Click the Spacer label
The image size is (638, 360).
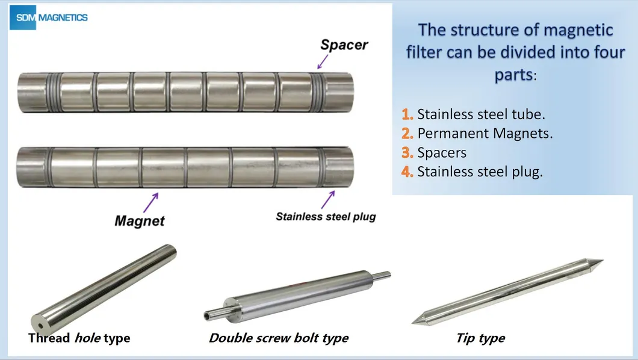click(x=344, y=44)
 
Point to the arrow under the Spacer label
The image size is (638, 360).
click(x=323, y=61)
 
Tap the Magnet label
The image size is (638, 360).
click(x=140, y=220)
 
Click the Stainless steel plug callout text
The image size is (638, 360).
click(x=326, y=216)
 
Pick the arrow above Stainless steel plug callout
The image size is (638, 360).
click(x=329, y=199)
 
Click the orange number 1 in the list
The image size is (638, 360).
click(x=407, y=114)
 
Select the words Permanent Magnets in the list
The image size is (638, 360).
click(x=485, y=133)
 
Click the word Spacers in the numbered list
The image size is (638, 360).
click(x=442, y=152)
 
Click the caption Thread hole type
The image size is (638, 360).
click(x=79, y=338)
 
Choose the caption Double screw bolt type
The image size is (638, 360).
click(x=279, y=338)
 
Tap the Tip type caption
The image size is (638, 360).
click(x=480, y=338)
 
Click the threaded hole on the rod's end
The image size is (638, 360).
click(x=39, y=317)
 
